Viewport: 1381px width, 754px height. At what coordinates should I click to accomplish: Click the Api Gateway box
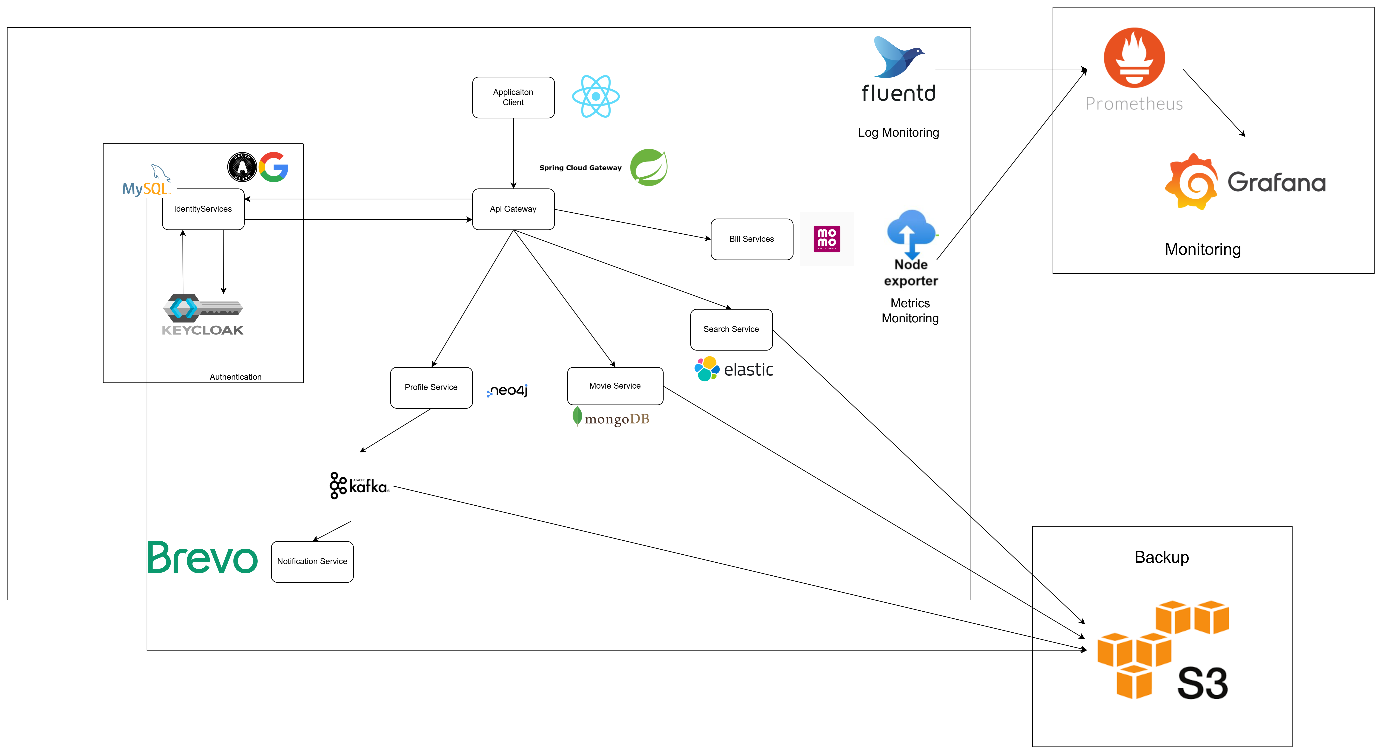tap(513, 209)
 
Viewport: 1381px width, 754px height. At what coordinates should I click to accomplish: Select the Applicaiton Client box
tap(513, 97)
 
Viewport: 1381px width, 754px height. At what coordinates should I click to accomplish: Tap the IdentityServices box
tap(203, 209)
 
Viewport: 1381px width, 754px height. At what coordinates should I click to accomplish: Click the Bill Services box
tap(752, 239)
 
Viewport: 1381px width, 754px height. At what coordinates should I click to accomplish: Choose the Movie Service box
tap(615, 386)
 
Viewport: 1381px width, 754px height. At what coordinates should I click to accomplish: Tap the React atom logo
tap(596, 96)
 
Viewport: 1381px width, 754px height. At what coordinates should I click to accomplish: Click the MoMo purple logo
tap(827, 239)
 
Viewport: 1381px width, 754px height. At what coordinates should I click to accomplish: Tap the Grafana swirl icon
tap(1191, 182)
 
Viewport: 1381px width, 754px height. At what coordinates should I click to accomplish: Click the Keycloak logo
tap(203, 315)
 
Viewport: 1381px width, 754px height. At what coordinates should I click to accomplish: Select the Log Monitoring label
tap(899, 132)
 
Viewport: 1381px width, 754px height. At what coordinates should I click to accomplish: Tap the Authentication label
tap(235, 377)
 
